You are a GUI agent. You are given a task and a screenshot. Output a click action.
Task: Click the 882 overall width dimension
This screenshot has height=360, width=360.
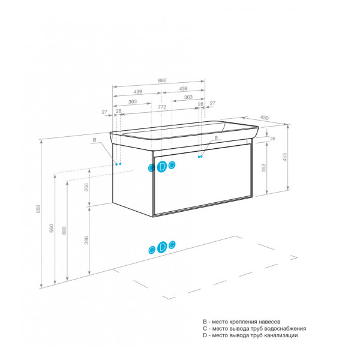162,80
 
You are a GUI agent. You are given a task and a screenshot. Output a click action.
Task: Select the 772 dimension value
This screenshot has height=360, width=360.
162,107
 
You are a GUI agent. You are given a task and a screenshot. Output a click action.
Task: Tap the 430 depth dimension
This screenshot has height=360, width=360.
264,118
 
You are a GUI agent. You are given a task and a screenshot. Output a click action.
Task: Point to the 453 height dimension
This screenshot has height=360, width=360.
284,157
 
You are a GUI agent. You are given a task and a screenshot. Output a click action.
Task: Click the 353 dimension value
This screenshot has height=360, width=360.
264,167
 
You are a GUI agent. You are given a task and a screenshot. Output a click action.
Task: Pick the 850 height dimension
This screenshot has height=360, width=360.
38,209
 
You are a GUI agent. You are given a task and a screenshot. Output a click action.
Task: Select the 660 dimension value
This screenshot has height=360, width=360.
52,228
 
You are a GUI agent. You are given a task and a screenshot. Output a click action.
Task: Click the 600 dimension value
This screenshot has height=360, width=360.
64,230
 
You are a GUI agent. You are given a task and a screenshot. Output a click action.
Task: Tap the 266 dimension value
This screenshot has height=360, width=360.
86,187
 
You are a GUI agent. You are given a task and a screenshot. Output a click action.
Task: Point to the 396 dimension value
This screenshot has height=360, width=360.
86,241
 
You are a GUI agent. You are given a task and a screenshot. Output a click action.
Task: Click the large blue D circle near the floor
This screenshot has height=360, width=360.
162,247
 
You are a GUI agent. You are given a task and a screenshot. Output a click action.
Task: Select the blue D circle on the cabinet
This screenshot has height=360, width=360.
162,166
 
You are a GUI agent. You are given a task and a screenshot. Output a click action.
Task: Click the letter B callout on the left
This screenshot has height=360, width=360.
94,140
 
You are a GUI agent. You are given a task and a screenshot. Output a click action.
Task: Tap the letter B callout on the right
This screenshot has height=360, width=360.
216,138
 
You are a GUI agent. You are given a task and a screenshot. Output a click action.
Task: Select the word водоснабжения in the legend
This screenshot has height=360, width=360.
286,329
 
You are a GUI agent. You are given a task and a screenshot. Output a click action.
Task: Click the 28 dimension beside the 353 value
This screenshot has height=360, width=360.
272,139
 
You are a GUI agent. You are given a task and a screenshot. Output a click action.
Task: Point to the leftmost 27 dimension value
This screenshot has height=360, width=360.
104,112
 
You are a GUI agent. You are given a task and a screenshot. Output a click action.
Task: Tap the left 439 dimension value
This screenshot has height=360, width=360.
138,92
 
